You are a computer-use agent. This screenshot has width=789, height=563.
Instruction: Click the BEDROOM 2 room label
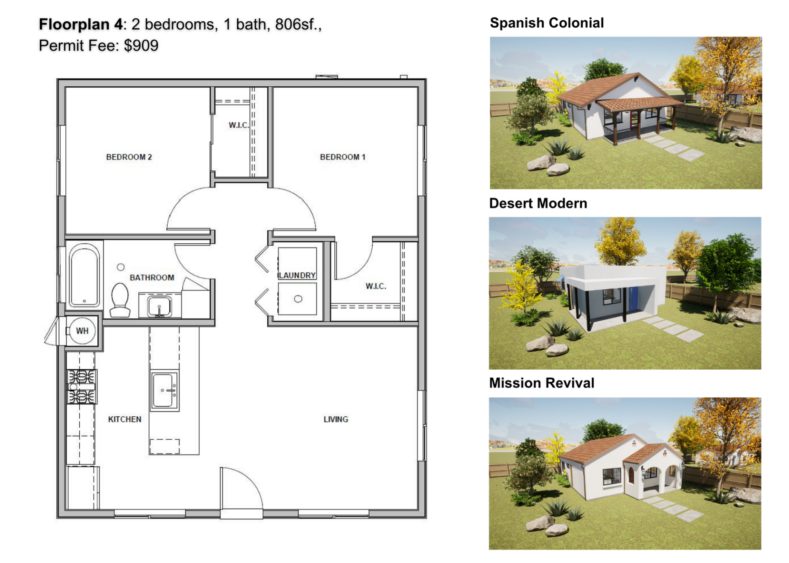(129, 157)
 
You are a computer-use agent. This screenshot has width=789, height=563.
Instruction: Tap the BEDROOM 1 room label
(343, 157)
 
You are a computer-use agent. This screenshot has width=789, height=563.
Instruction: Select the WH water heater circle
(82, 331)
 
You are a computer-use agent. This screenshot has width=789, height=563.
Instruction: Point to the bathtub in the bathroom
(84, 275)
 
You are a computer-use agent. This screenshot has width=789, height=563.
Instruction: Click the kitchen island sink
(164, 390)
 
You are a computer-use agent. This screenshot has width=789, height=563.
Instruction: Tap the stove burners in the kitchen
(82, 387)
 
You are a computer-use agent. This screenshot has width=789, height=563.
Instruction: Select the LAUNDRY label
(298, 275)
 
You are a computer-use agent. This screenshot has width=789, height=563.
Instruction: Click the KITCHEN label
(125, 419)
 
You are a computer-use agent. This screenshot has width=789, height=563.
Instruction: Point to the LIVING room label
(336, 419)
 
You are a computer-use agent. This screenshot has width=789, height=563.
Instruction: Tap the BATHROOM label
(152, 278)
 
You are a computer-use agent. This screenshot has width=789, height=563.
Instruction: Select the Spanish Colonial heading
(547, 23)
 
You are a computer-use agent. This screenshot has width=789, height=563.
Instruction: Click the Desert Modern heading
(538, 203)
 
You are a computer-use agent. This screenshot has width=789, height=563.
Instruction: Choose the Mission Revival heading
(542, 383)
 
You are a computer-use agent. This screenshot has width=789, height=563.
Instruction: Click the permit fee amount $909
(141, 46)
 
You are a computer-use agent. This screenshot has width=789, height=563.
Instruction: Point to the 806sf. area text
(298, 25)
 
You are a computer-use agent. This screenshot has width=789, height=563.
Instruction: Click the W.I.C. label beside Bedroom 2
(239, 125)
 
